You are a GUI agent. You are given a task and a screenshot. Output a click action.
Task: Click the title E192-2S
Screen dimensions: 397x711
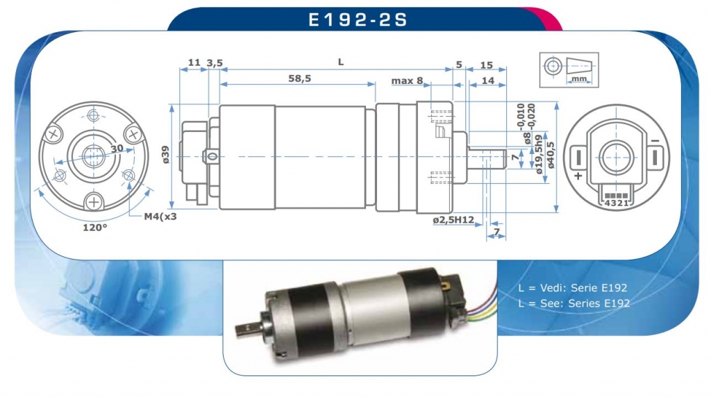[358, 19]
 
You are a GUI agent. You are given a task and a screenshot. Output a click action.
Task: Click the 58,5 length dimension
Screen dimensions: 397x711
[299, 79]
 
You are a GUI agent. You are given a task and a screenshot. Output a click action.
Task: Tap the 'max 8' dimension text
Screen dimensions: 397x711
[407, 81]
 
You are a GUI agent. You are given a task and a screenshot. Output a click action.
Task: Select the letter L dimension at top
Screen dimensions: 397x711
[340, 62]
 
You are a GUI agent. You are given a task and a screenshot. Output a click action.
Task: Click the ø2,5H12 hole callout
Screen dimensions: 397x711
[453, 220]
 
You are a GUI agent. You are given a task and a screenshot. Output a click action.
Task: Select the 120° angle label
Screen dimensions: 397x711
[95, 227]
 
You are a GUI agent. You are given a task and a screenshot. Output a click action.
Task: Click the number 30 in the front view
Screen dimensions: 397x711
[117, 148]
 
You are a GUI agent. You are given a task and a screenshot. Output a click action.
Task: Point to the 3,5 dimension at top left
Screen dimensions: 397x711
[215, 63]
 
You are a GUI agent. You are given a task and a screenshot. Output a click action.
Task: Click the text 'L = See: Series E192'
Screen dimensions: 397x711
[574, 303]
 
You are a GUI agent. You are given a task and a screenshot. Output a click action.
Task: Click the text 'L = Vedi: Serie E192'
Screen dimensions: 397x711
[574, 288]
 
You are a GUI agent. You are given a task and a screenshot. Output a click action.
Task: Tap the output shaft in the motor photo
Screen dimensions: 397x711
[248, 324]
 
